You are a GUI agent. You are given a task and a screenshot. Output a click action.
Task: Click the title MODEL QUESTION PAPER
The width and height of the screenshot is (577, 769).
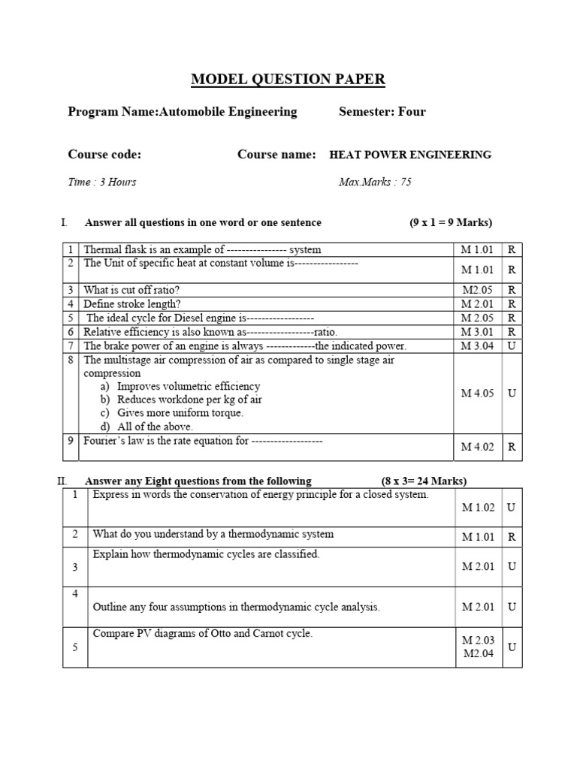point(288,80)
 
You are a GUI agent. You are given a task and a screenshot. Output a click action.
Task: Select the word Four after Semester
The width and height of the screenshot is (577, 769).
point(412,112)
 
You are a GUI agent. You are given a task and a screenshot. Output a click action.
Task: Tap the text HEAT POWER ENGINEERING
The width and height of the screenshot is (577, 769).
point(410,155)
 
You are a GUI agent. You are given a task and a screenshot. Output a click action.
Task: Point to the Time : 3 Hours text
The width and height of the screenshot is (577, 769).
point(102,182)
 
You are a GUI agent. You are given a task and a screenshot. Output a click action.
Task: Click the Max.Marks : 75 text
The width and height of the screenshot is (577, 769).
point(375,182)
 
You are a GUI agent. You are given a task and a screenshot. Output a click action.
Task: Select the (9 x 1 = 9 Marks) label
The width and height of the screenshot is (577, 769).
point(452,222)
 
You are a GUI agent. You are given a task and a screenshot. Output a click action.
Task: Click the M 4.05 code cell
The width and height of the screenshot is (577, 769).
point(478,393)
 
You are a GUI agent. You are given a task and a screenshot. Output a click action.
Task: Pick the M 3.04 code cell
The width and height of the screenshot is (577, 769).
point(478,346)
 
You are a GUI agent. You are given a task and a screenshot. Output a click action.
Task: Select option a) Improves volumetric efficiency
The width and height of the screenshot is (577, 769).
point(180,386)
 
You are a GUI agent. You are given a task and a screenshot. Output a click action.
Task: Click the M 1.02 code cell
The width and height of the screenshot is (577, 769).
point(478,508)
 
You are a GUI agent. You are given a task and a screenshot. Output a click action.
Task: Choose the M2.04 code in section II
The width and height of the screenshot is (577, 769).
point(478,653)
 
